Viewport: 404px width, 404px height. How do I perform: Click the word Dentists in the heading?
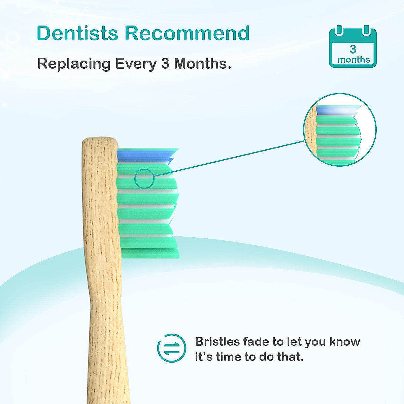77,33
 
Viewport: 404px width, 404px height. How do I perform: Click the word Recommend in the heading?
187,33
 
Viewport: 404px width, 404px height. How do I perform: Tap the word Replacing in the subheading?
73,64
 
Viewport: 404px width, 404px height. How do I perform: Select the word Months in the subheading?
202,64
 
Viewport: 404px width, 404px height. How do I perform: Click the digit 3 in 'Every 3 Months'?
165,64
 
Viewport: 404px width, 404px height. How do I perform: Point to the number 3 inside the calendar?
353,49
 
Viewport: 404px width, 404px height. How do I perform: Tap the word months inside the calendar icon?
353,60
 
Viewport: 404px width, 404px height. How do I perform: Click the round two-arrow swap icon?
171,348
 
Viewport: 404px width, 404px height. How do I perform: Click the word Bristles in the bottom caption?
217,342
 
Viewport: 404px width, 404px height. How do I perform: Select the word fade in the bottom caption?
257,342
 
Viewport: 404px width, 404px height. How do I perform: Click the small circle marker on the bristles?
144,178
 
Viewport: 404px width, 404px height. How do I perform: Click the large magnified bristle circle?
340,130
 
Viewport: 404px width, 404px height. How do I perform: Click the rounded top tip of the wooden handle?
100,141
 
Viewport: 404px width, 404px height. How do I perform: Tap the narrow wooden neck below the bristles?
108,320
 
